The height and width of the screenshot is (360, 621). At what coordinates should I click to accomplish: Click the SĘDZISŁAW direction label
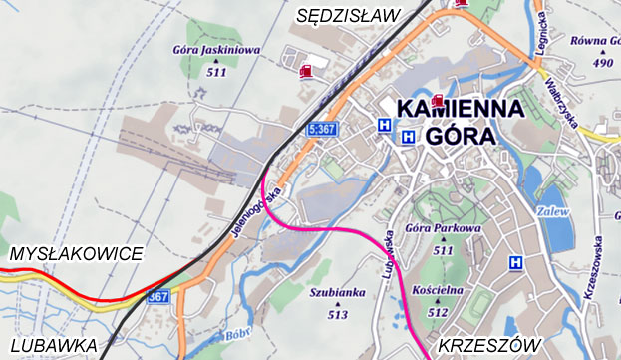[x=348, y=14]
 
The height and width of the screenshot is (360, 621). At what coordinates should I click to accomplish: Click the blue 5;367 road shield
[x=322, y=129]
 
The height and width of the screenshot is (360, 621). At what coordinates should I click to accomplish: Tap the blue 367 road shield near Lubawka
[x=157, y=296]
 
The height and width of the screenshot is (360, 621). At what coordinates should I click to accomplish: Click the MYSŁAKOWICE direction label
[x=76, y=254]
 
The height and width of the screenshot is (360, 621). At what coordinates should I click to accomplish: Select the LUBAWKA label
[x=49, y=345]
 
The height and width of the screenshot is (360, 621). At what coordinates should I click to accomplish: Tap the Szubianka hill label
[x=337, y=293]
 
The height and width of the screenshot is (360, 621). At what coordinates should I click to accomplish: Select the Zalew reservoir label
[x=554, y=212]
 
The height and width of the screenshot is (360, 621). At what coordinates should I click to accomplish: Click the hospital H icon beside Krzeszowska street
[x=516, y=263]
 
